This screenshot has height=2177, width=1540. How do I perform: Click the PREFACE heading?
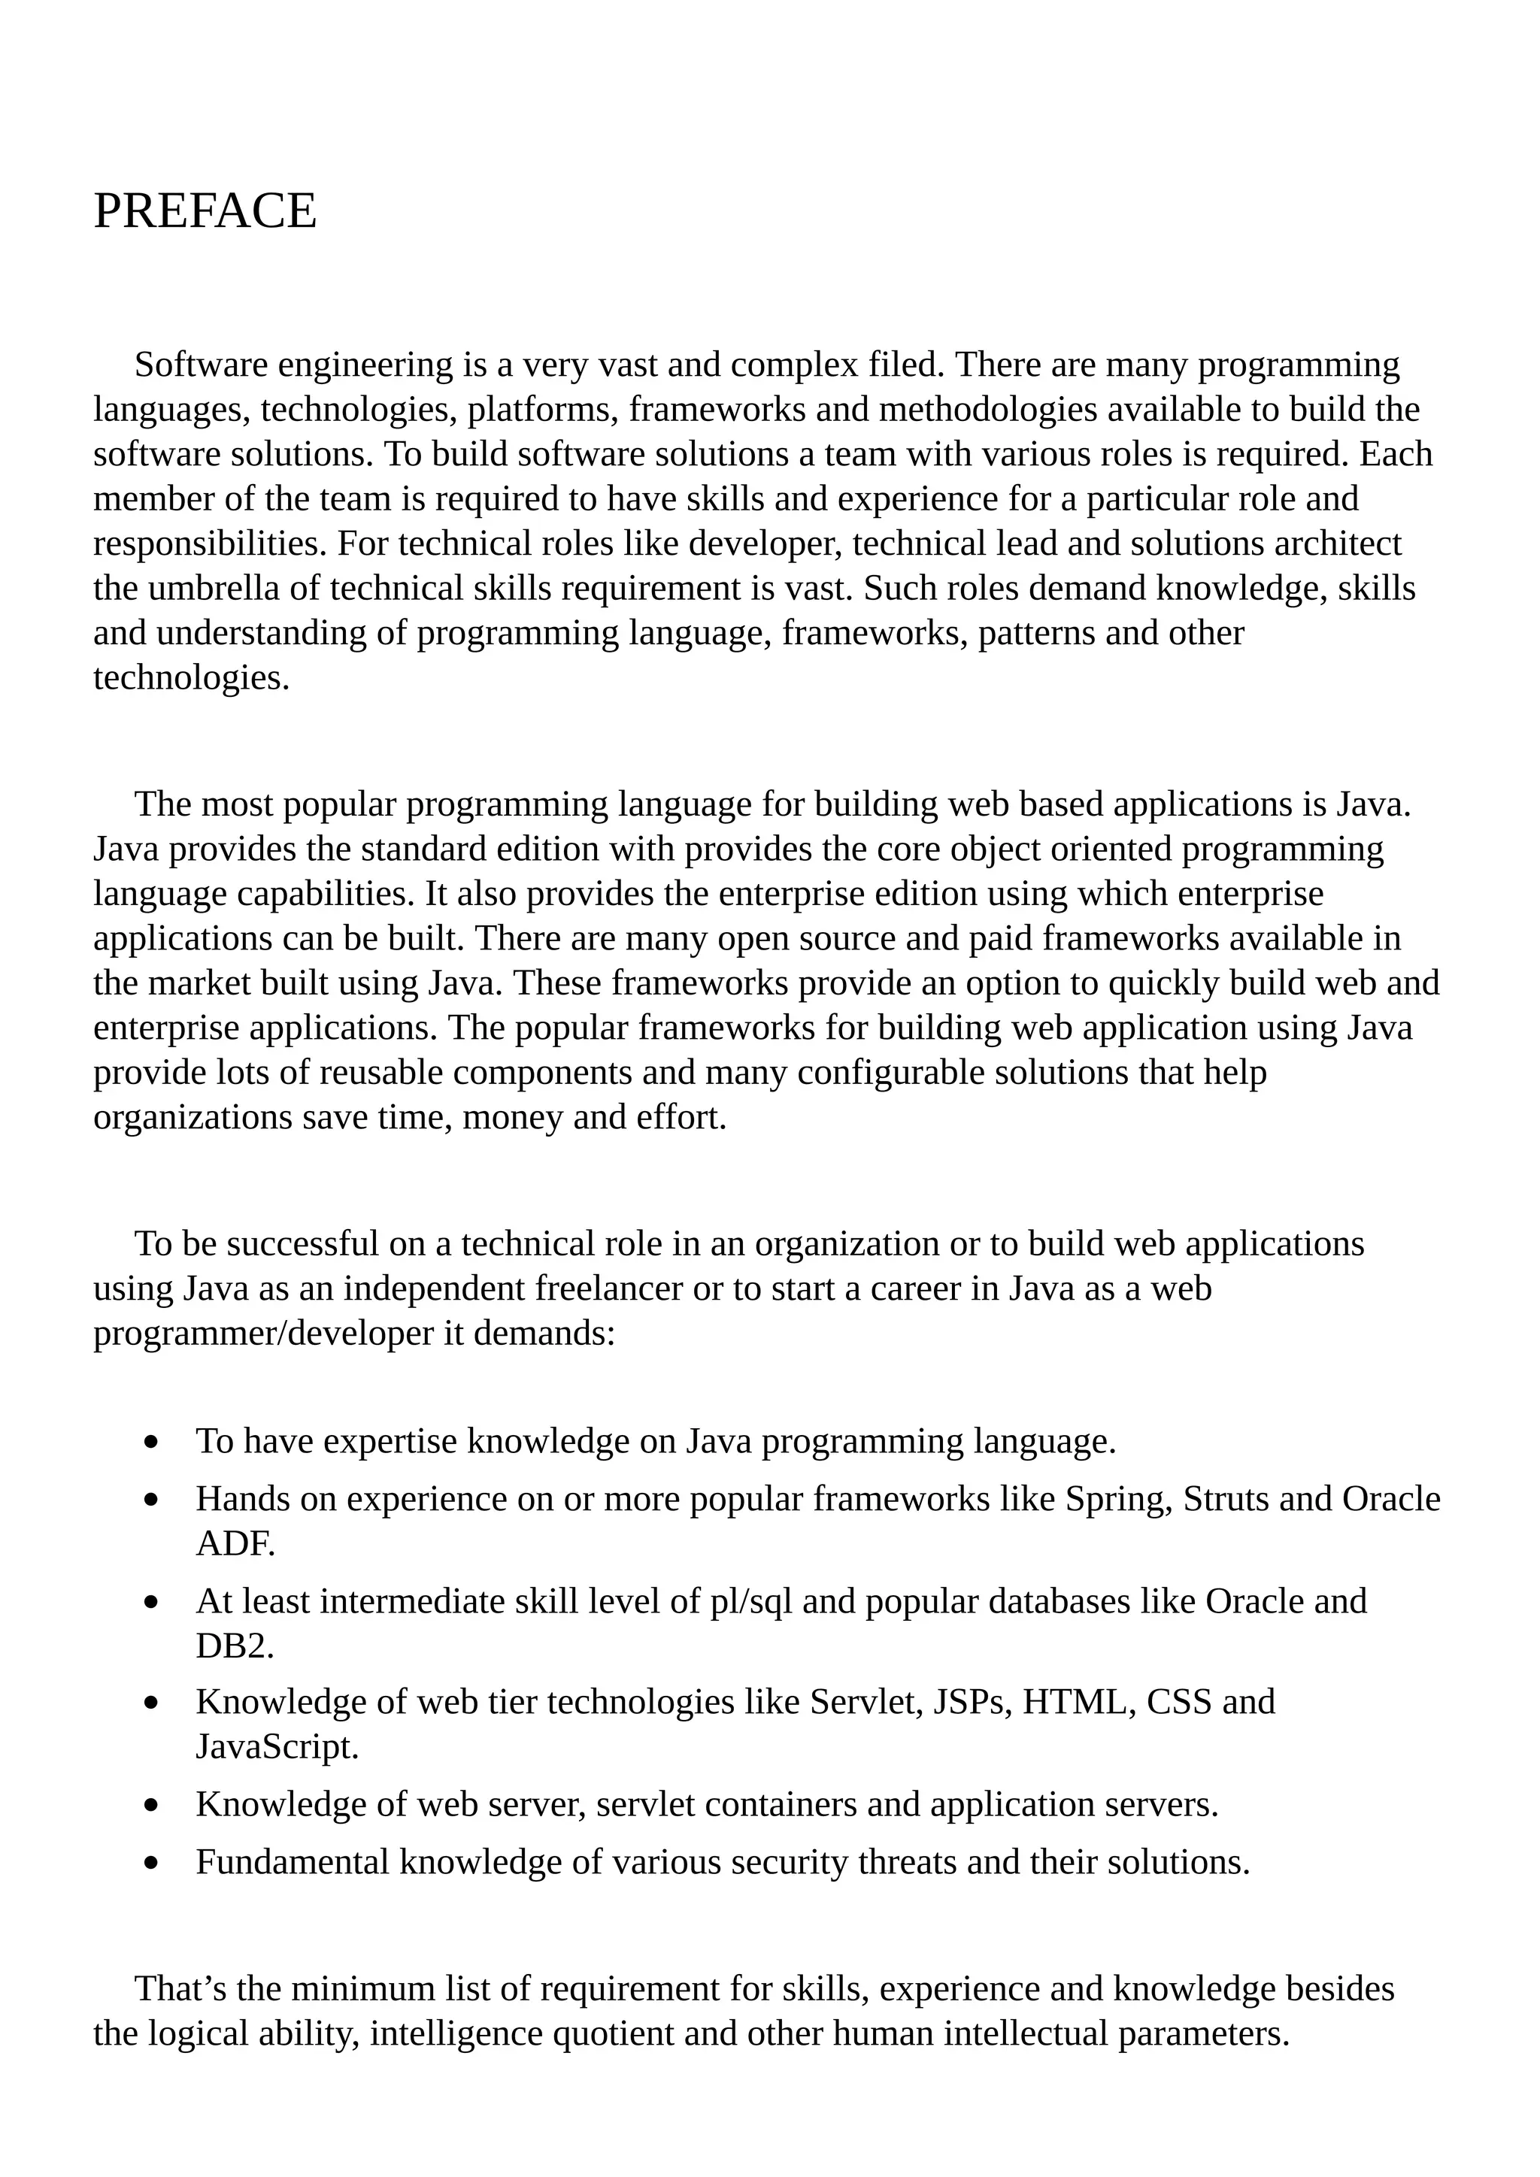[x=205, y=210]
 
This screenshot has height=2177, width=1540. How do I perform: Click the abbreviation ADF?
[x=235, y=1543]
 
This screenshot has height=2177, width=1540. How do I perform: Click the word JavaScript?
[x=277, y=1746]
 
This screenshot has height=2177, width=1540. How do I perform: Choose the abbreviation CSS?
[x=1179, y=1701]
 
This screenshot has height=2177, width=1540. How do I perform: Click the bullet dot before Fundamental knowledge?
[x=152, y=1864]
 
